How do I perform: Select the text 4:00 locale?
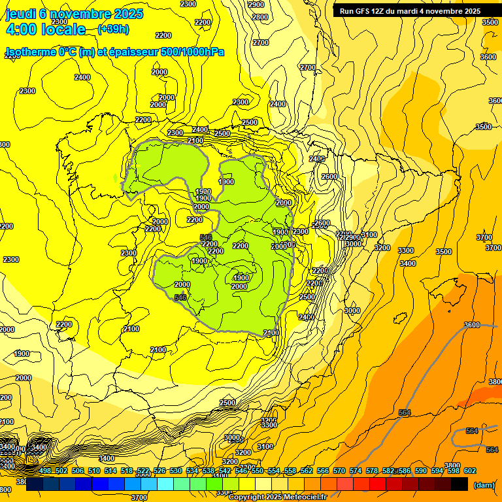click(x=45, y=29)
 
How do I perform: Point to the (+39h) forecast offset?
click(x=113, y=29)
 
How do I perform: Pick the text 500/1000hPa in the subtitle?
click(x=195, y=52)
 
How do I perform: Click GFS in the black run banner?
click(x=368, y=10)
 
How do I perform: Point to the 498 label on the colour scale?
click(x=45, y=471)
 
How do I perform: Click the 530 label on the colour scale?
click(x=176, y=471)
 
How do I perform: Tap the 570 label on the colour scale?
click(x=339, y=471)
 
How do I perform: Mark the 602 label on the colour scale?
click(x=470, y=471)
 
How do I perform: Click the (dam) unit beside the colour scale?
click(x=484, y=484)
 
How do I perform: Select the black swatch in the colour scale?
click(x=460, y=484)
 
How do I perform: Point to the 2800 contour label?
click(x=259, y=17)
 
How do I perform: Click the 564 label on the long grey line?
click(x=405, y=412)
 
